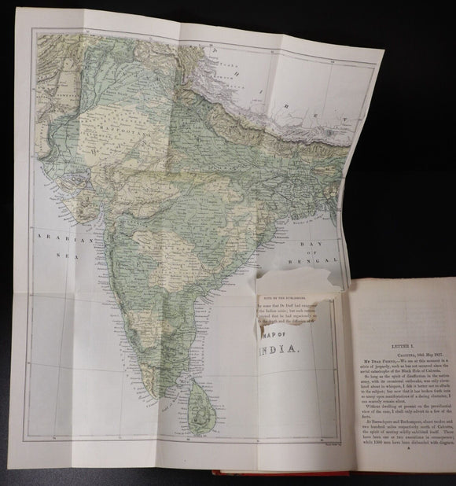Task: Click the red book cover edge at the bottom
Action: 299,479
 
